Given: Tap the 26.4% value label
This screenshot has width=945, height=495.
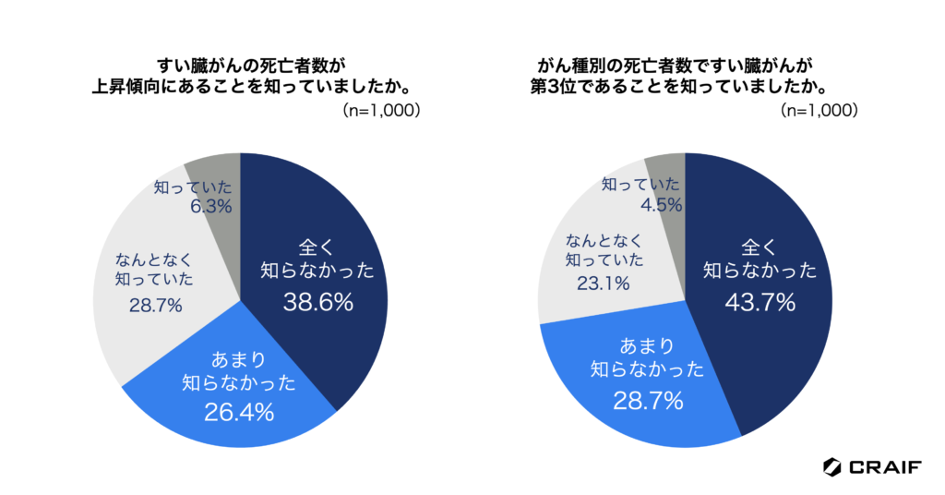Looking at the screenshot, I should (238, 412).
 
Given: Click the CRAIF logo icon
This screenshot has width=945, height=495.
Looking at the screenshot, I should (832, 467).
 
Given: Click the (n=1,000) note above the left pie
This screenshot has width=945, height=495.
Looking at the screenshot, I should (382, 109).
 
